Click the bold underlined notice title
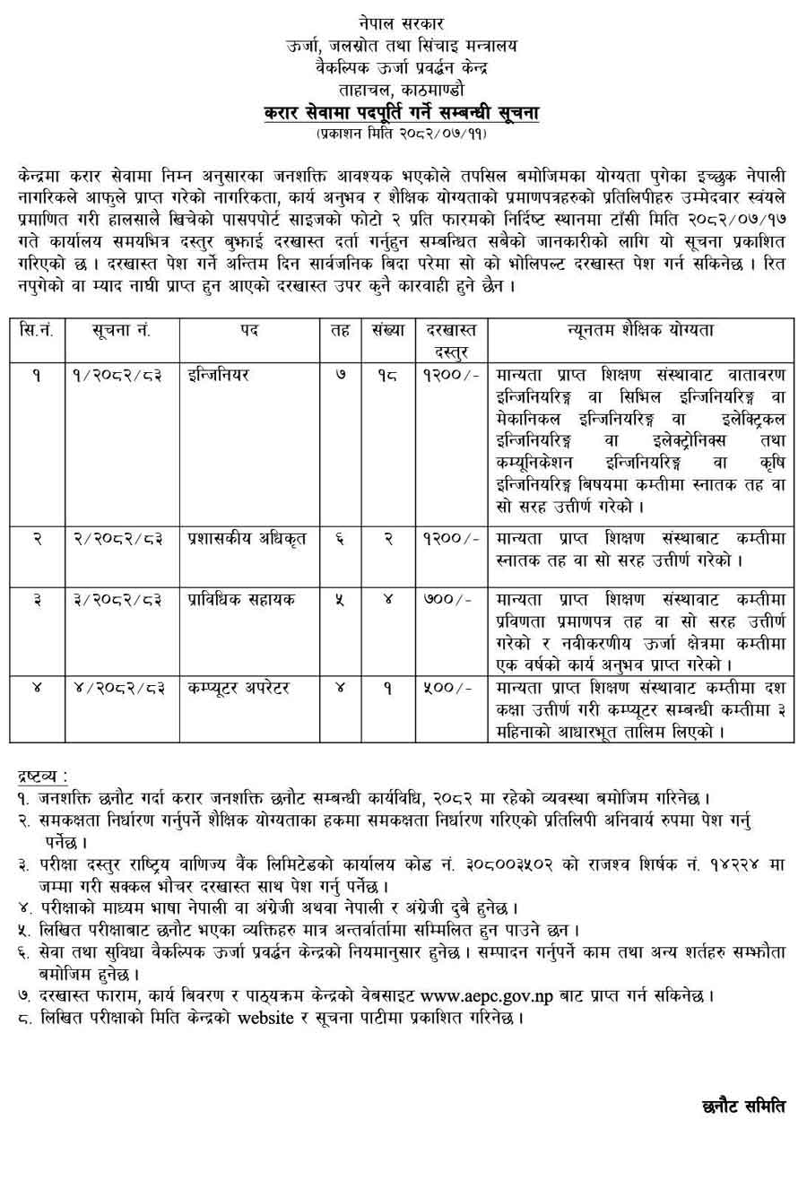tap(401, 113)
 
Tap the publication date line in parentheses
tap(401, 134)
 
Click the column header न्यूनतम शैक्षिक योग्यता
tap(640, 330)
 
